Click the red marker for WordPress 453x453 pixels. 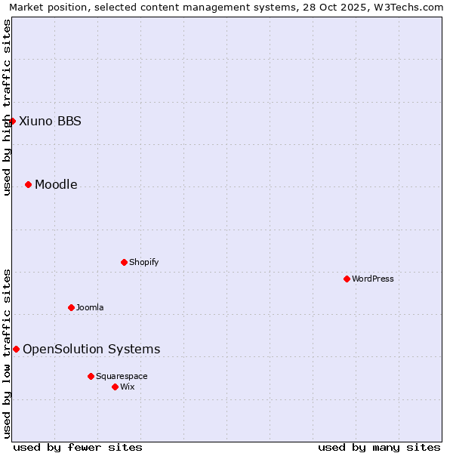click(x=347, y=279)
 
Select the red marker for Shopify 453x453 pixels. click(x=124, y=262)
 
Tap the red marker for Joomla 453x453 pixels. click(x=71, y=307)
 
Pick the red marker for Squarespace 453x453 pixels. click(x=91, y=376)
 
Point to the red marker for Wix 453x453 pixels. click(x=115, y=387)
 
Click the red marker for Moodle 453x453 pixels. click(x=28, y=184)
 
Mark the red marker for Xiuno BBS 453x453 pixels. click(x=12, y=121)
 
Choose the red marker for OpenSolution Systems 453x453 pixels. click(x=16, y=349)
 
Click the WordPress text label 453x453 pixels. click(x=373, y=279)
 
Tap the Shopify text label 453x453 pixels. click(x=144, y=262)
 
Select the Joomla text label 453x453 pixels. click(x=90, y=307)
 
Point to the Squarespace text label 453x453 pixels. click(x=122, y=376)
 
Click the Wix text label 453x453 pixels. click(x=128, y=387)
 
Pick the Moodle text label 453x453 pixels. click(x=56, y=184)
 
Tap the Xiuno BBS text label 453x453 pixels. click(x=50, y=121)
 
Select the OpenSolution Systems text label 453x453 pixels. click(x=91, y=349)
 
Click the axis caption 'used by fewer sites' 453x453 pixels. click(x=78, y=447)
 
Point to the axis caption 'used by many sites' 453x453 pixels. click(x=379, y=447)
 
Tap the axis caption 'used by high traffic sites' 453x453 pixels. click(x=7, y=107)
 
